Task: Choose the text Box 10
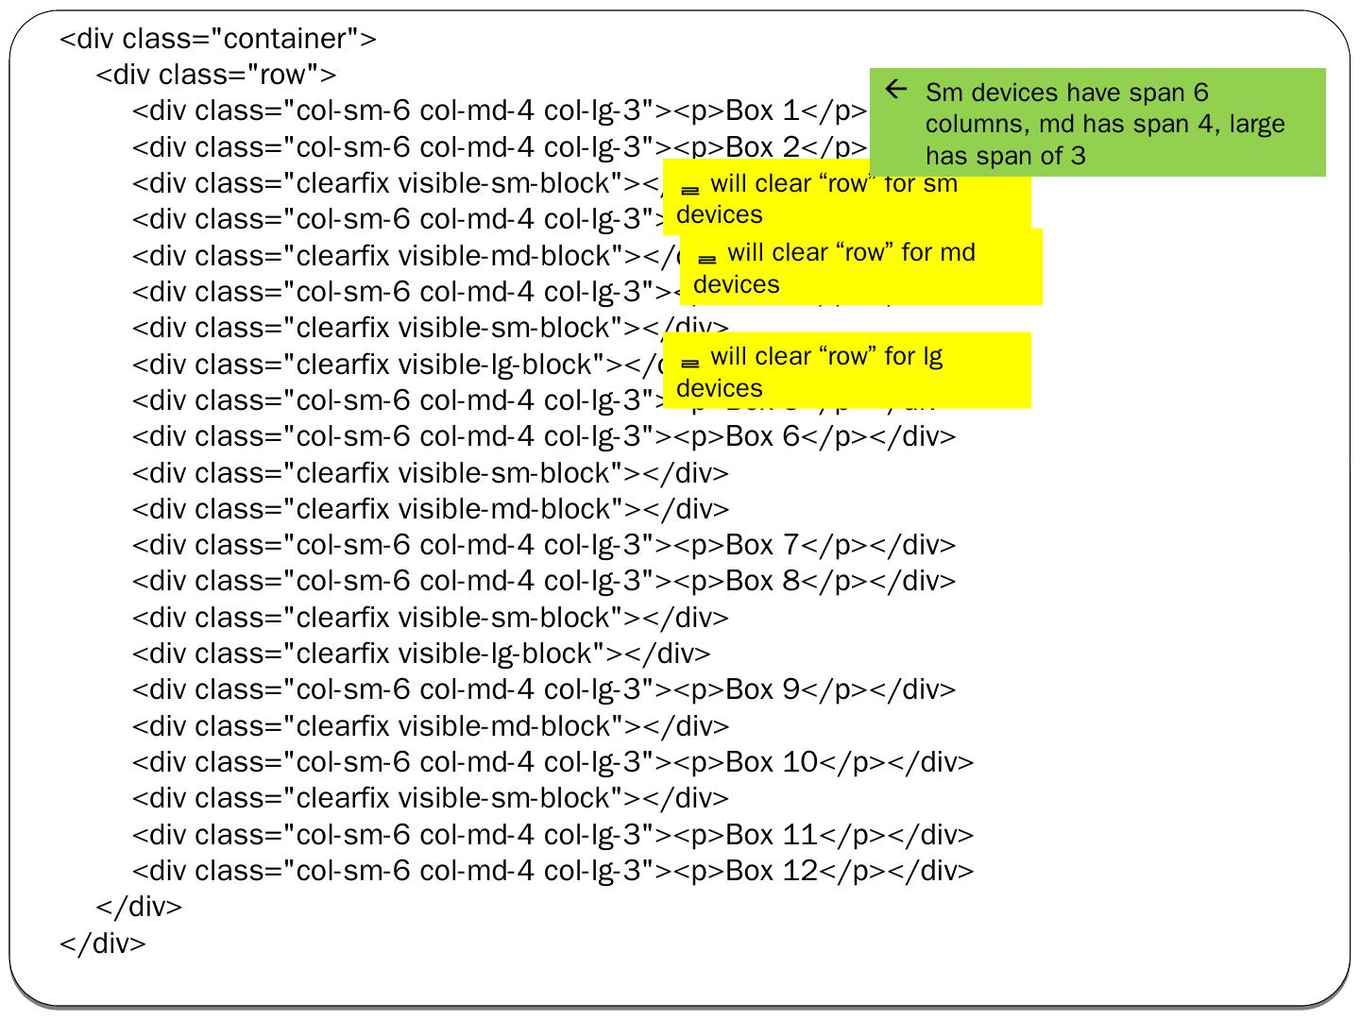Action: (771, 762)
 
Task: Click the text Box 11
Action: (771, 835)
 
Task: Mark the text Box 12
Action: (771, 871)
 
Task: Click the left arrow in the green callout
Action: (896, 90)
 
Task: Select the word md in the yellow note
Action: (958, 253)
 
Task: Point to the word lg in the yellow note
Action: (932, 357)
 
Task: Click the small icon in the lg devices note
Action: (689, 362)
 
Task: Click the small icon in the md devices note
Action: (706, 258)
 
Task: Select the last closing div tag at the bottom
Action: (103, 943)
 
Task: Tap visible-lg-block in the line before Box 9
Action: (501, 654)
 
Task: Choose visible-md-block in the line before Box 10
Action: (511, 726)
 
